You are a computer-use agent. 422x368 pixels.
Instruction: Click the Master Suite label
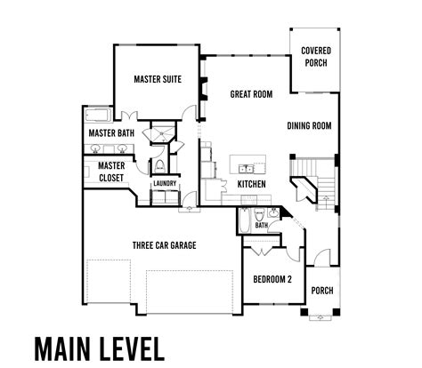(158, 79)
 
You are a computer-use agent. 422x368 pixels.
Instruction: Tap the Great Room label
(251, 93)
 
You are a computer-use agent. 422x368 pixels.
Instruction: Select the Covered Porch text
(316, 57)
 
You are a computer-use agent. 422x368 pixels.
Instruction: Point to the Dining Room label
(309, 126)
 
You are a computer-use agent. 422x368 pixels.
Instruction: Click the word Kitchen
(252, 184)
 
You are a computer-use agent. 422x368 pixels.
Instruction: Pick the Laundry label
(165, 184)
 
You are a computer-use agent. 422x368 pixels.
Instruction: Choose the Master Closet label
(110, 171)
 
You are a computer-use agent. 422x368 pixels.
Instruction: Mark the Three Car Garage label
(164, 245)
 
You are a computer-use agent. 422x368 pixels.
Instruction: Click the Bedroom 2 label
(273, 278)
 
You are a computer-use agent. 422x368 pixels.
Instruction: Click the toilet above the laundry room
(158, 165)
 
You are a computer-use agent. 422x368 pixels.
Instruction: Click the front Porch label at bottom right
(321, 291)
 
